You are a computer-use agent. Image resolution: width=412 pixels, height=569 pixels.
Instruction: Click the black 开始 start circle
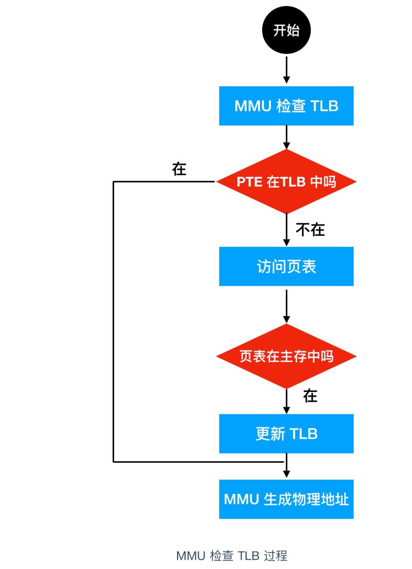pos(286,30)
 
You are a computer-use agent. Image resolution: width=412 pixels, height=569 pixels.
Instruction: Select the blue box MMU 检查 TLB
pos(286,106)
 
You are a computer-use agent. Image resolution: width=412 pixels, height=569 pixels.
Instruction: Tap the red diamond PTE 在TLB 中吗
pos(286,182)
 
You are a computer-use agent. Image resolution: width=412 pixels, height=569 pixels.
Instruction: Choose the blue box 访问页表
pos(286,266)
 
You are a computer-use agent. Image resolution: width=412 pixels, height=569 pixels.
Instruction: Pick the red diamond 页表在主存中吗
pos(286,356)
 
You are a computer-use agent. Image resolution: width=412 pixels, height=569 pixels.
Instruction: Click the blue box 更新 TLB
pos(286,434)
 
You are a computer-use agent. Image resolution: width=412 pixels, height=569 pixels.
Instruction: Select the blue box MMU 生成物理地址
pos(286,499)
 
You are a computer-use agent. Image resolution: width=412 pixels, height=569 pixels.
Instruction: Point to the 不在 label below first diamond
pos(310,230)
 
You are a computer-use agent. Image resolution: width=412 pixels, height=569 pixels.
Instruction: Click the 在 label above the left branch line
pos(179,169)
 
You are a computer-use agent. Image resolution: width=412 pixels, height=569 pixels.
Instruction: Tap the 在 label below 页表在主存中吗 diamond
pos(310,396)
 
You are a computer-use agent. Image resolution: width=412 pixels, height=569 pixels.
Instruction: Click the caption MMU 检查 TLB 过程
pos(232,556)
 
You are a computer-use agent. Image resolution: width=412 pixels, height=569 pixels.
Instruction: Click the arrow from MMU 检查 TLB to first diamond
pos(286,137)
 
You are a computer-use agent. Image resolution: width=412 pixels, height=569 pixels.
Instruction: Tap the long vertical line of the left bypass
pos(113,321)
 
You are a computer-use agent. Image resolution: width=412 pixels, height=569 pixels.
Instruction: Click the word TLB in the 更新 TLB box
pos(304,434)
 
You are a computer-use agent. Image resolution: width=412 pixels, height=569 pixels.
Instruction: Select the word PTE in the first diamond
pos(249,182)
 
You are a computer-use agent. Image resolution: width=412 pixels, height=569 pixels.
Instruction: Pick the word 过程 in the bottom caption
pos(275,556)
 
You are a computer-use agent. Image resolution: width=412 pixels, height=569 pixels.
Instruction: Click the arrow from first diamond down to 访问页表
pos(286,229)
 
